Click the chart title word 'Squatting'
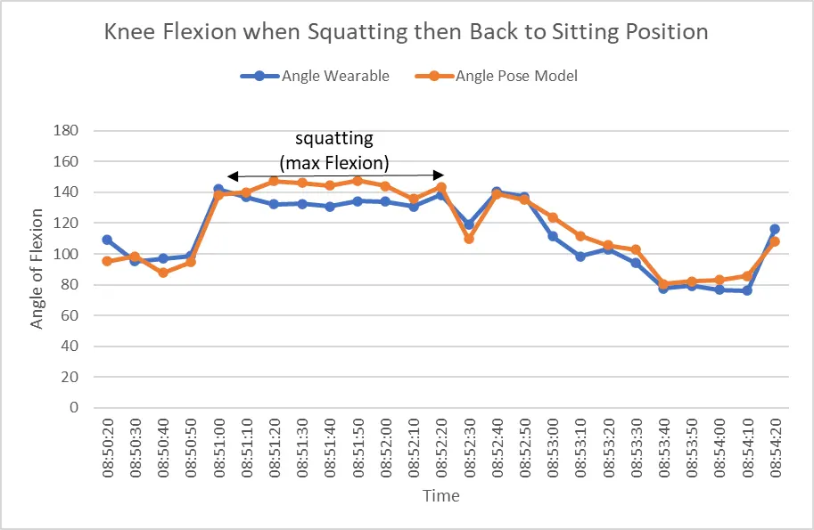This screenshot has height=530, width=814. click(358, 32)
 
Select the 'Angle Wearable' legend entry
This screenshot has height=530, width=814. click(315, 77)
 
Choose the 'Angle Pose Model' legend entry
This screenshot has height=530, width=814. click(497, 77)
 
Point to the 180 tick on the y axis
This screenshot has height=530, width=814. click(66, 130)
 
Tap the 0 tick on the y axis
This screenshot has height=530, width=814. click(74, 408)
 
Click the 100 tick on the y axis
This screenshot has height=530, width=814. click(66, 254)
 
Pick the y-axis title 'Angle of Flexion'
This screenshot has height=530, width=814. click(36, 269)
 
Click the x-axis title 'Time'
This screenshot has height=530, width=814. click(440, 496)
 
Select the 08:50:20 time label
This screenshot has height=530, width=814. click(108, 449)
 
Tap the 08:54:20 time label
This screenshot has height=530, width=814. click(775, 449)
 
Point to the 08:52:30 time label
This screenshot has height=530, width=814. click(469, 449)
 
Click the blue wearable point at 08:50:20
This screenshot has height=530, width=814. click(107, 240)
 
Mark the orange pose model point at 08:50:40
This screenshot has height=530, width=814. click(163, 273)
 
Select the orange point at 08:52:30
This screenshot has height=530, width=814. click(469, 239)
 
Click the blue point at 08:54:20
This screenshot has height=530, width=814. click(775, 229)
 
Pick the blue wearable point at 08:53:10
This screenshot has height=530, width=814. click(580, 257)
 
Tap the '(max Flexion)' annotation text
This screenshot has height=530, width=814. click(334, 163)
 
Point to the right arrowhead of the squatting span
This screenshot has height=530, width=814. click(439, 175)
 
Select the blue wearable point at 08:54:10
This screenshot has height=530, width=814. click(747, 291)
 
